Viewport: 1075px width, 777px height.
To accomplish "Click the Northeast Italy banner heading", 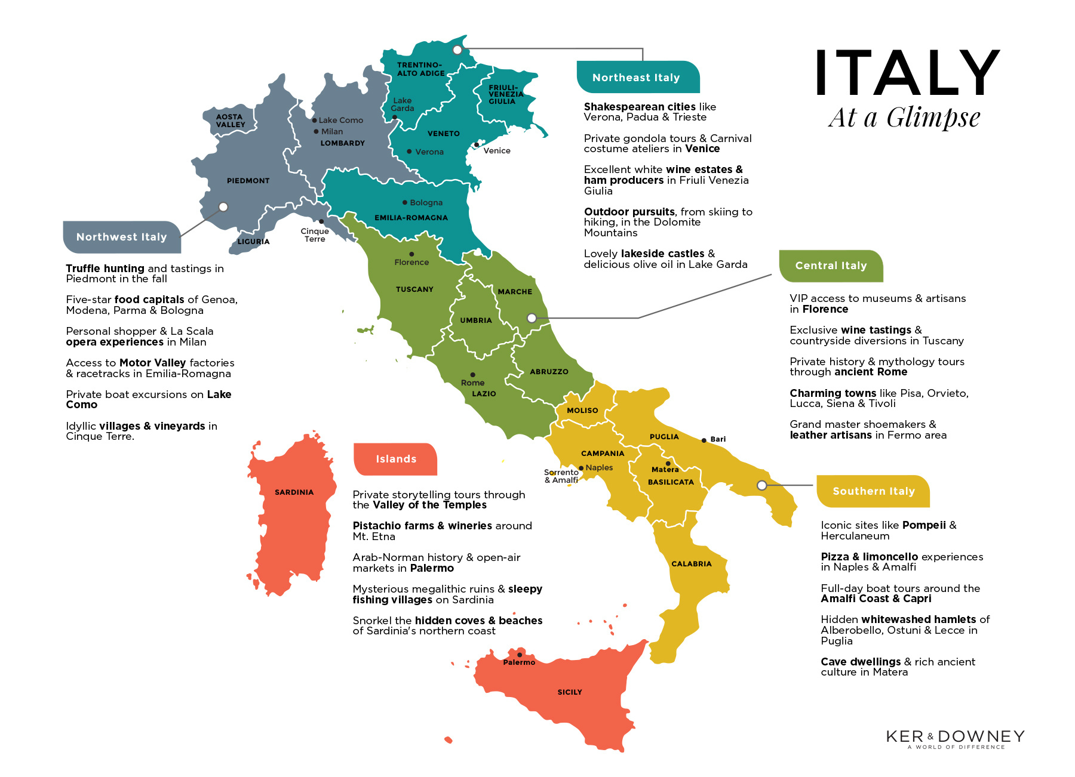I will (x=636, y=78).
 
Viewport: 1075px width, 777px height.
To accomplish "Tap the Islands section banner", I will (x=395, y=459).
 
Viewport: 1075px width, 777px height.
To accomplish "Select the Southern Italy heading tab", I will (x=873, y=491).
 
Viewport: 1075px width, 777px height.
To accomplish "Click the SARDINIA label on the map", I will (x=294, y=492).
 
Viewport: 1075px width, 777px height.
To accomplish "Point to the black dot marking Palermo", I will (x=520, y=655).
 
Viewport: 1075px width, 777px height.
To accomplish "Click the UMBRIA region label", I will (x=476, y=320).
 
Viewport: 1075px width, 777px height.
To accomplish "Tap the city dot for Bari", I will (x=704, y=440).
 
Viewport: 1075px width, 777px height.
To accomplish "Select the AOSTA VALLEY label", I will (x=231, y=121).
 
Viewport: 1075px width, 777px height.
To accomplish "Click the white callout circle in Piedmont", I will (x=223, y=207).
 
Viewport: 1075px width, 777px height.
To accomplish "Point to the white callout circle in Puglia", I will (x=761, y=486).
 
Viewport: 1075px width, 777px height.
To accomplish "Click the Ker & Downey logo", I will (x=955, y=738).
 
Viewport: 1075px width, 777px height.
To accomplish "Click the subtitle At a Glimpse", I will (x=904, y=118).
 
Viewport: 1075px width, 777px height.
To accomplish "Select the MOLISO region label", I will (x=582, y=411).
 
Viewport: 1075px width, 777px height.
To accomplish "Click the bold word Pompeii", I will (x=924, y=525).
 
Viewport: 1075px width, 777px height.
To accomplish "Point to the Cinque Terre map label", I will (x=315, y=235).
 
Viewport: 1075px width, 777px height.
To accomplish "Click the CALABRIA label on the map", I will (x=692, y=564).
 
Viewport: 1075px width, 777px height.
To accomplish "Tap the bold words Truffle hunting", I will (x=105, y=269).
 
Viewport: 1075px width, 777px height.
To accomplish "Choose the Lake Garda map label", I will (x=403, y=104).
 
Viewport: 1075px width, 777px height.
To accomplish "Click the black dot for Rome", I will (x=472, y=375).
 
